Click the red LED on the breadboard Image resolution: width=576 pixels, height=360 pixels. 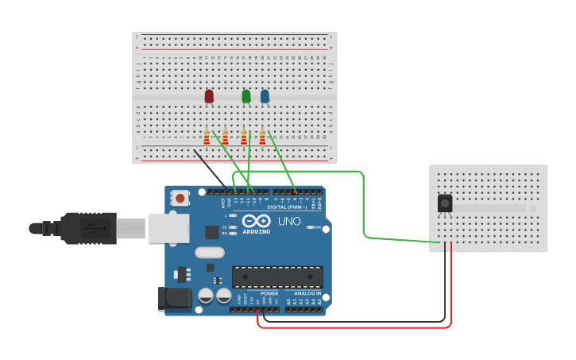[209, 96]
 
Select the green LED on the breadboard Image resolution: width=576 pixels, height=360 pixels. [246, 96]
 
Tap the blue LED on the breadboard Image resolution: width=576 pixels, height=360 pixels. [265, 96]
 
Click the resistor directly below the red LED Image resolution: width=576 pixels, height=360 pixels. [207, 139]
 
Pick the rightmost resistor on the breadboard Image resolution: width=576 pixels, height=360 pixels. [262, 139]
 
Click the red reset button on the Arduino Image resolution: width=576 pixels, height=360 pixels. [180, 198]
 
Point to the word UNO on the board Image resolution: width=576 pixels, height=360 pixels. [289, 221]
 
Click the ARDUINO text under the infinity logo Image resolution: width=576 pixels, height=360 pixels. [256, 231]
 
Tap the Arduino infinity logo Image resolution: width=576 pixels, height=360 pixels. [256, 221]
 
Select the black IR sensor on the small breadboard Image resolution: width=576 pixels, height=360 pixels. [445, 203]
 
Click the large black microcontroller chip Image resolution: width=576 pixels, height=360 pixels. [277, 277]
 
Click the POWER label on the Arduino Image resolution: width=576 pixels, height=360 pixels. [269, 294]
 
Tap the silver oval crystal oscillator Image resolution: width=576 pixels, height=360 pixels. [208, 254]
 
